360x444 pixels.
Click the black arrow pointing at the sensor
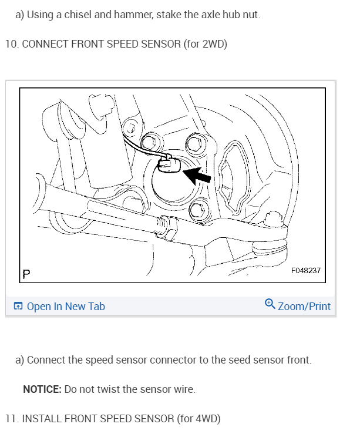point(198,174)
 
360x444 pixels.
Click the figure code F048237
point(306,270)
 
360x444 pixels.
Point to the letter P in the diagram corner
point(26,273)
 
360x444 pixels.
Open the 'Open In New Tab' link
point(66,306)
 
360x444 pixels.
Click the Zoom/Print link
point(304,306)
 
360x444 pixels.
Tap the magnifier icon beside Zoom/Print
point(270,304)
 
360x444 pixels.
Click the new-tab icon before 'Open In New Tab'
point(19,306)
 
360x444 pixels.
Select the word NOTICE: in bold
point(42,389)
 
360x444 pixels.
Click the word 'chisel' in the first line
point(78,14)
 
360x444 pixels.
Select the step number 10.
point(11,44)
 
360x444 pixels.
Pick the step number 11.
point(11,419)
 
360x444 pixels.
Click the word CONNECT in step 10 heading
point(45,44)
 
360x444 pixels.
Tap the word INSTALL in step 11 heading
point(42,419)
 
